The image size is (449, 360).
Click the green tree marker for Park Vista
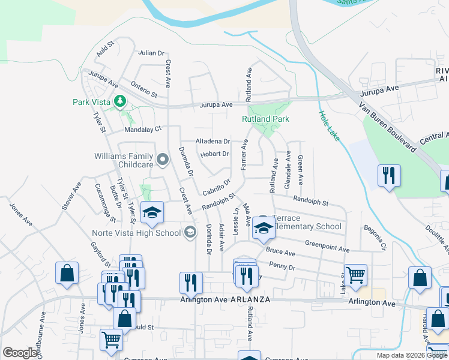[x=121, y=101]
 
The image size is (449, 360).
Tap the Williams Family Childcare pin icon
[x=162, y=160]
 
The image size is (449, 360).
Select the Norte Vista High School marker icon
[x=190, y=232]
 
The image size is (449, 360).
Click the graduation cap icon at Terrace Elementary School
[x=263, y=227]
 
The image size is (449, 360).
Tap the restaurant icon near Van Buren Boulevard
[x=389, y=175]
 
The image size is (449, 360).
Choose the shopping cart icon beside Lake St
[x=355, y=275]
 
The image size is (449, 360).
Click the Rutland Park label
[x=265, y=119]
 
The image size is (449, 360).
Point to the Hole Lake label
[x=330, y=127]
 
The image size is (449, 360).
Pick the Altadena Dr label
[x=213, y=142]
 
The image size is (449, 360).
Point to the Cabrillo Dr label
[x=217, y=187]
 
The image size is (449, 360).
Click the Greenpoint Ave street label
[x=327, y=246]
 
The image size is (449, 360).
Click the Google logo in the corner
[x=20, y=353]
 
